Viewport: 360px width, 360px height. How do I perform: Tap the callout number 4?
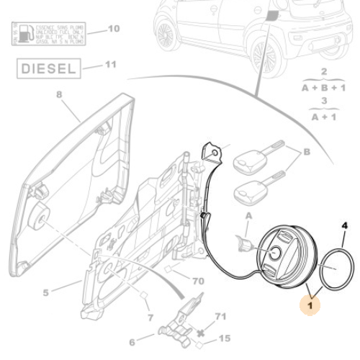click(344, 225)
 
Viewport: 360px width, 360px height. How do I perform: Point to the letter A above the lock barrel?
click(250, 215)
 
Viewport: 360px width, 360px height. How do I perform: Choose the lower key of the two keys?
click(251, 190)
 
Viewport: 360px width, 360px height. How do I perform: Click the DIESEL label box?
click(46, 70)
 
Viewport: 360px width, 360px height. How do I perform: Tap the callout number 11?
click(110, 65)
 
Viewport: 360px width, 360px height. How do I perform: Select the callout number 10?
click(113, 30)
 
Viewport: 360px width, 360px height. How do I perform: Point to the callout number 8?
click(59, 94)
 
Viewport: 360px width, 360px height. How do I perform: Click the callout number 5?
click(45, 292)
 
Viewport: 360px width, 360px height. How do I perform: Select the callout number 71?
click(220, 316)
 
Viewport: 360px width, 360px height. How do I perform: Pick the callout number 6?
click(132, 342)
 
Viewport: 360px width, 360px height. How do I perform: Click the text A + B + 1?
click(323, 87)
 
